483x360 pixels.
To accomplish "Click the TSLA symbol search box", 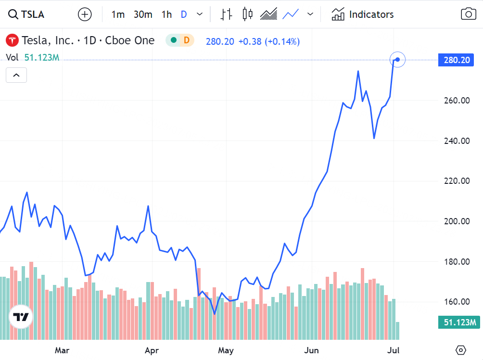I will click(27, 14).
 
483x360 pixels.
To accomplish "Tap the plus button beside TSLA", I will click(85, 14).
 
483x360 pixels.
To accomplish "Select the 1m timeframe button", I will click(118, 14).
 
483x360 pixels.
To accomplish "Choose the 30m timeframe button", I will click(143, 14).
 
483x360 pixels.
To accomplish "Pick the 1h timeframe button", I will click(166, 14).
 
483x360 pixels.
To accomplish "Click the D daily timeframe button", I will click(184, 14).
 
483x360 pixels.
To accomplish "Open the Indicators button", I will click(363, 14).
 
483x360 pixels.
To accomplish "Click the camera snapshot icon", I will click(468, 14).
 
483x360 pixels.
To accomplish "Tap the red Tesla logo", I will click(12, 41).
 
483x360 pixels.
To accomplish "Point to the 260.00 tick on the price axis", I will click(457, 101).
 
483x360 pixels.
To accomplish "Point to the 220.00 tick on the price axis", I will click(457, 181).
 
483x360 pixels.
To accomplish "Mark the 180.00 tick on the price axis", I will click(457, 262).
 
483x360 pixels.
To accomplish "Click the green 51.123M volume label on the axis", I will click(459, 322).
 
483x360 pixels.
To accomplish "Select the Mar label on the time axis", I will click(62, 350).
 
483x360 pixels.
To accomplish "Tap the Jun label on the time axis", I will click(311, 350).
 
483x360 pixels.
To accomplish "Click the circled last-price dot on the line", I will click(397, 60).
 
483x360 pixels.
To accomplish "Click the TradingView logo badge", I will click(21, 317).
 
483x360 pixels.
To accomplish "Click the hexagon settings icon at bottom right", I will click(461, 350).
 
